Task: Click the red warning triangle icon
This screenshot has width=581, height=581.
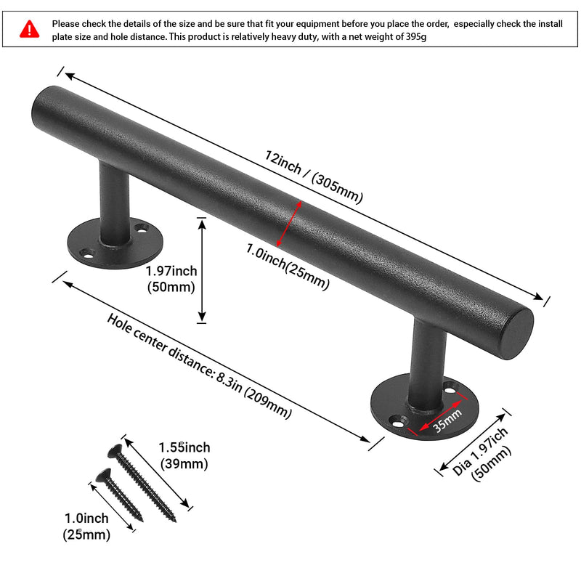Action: (29, 29)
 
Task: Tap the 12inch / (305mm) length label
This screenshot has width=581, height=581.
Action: (314, 176)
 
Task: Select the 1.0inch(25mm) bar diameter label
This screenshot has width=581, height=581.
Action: (288, 267)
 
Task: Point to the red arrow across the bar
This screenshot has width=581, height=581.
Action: (288, 224)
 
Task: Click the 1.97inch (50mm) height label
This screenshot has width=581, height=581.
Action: (171, 279)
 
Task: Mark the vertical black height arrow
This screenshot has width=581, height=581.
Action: (202, 270)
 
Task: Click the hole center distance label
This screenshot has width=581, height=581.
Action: (199, 366)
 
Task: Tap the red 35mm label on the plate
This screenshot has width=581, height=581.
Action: (447, 420)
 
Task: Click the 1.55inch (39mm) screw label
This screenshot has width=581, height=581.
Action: (184, 455)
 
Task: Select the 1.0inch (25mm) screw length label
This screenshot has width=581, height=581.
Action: (86, 526)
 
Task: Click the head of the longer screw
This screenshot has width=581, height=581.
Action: (115, 451)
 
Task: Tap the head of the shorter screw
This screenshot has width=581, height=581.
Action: (103, 476)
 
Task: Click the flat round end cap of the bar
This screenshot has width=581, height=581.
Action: (519, 334)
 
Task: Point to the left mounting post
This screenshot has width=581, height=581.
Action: (115, 203)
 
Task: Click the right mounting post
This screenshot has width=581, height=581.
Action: (426, 365)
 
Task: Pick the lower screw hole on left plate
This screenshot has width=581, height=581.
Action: (88, 255)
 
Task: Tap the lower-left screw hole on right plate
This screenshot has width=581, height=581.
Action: (397, 423)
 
